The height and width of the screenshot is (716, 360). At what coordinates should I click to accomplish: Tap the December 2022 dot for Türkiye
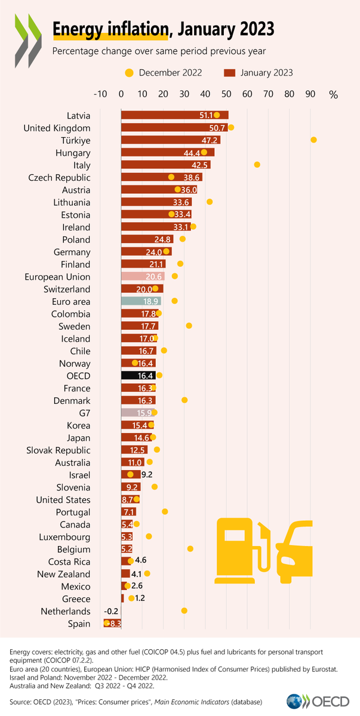click(313, 140)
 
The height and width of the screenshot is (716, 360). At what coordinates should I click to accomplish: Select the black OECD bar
click(138, 376)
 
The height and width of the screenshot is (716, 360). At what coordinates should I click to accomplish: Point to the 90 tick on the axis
click(310, 94)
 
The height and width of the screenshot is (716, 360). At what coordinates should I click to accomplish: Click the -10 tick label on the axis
click(100, 94)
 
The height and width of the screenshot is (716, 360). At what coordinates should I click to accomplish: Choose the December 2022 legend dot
click(128, 73)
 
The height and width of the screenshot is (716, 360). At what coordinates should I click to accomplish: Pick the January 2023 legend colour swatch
click(227, 73)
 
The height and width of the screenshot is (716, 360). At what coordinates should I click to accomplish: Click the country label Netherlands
click(66, 612)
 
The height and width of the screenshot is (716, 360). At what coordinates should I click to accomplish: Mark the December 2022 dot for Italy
click(257, 165)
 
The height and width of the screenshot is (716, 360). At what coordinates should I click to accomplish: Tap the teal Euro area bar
click(141, 301)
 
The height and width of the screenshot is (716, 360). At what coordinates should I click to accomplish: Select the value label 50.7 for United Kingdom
click(217, 128)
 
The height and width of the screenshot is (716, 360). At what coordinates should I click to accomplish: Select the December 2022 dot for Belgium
click(190, 549)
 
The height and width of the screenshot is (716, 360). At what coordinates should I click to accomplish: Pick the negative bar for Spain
click(112, 624)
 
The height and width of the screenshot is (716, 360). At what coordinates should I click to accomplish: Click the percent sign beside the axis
click(333, 94)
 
